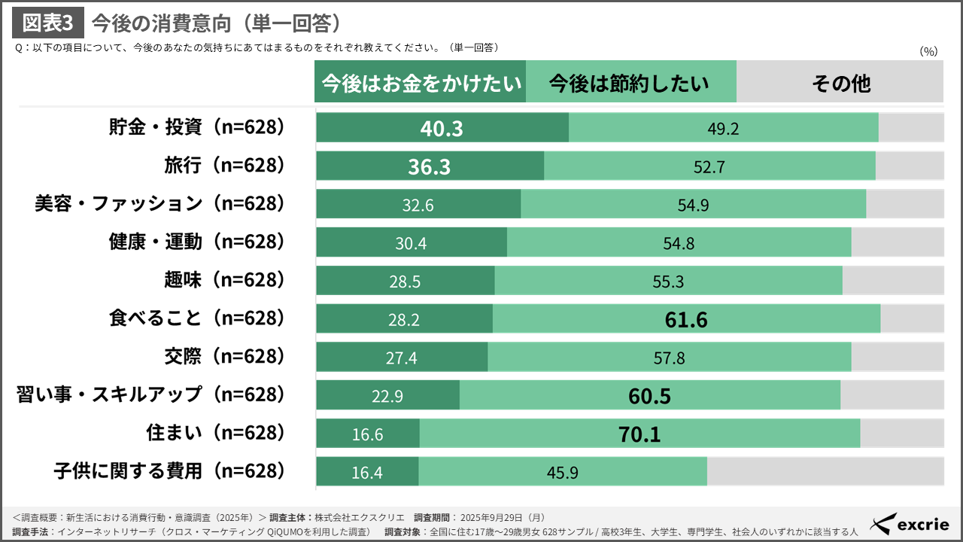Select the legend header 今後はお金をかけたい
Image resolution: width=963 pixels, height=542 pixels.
point(420,82)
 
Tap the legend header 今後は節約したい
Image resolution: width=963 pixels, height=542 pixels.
point(630,82)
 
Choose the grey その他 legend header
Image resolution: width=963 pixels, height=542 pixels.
point(840,82)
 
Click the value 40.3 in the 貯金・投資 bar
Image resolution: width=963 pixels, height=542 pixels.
point(442,128)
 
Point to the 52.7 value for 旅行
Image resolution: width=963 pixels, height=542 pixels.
point(709,166)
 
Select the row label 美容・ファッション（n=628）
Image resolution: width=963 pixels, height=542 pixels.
point(160,204)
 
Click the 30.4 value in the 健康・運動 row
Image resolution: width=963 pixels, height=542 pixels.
point(411,243)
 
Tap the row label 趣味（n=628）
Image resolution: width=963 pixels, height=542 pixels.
point(225,281)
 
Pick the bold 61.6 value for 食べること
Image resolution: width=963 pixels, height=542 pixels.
point(686,320)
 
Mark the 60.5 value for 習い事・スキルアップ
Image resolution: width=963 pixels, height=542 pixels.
point(649,396)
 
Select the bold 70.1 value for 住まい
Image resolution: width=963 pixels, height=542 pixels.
point(639,434)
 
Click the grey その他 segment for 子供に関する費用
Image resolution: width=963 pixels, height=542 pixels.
point(825,472)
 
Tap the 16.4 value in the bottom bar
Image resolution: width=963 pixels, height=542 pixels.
point(367,473)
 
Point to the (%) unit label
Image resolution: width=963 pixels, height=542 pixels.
point(928,51)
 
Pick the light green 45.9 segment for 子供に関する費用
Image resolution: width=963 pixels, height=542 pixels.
point(563,472)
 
